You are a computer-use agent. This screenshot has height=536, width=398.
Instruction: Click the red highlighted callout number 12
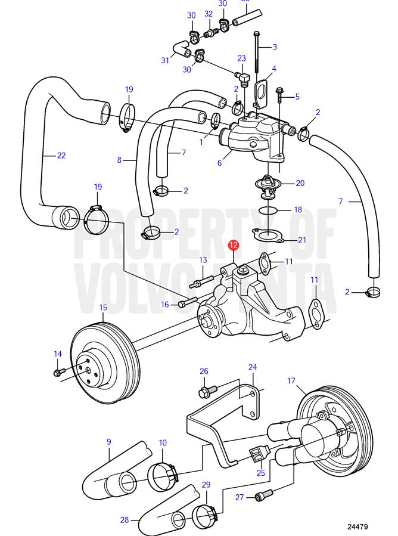(x=234, y=245)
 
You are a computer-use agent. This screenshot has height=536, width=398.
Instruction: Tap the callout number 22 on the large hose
(x=61, y=156)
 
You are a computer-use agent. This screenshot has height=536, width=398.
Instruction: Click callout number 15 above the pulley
(x=103, y=308)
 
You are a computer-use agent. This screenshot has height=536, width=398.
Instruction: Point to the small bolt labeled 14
(x=58, y=372)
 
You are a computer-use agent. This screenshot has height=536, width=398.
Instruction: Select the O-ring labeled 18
(x=269, y=210)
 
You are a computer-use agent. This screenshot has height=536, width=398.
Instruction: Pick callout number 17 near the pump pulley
(x=291, y=380)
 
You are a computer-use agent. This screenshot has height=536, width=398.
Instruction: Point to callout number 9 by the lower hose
(x=109, y=442)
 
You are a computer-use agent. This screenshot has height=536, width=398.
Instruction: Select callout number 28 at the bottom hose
(x=124, y=520)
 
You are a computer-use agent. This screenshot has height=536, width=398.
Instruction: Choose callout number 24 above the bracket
(x=253, y=367)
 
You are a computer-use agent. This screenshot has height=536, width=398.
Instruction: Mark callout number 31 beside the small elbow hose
(x=165, y=60)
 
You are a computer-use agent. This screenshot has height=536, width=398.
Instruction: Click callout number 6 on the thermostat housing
(x=220, y=162)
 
